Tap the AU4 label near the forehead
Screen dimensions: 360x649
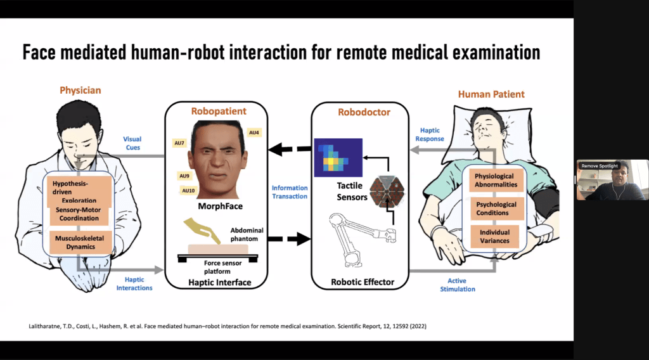point(254,132)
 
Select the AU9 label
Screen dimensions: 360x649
point(184,176)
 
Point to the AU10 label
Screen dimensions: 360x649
point(189,191)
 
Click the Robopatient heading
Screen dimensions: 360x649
point(218,111)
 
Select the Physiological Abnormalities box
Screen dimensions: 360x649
point(496,180)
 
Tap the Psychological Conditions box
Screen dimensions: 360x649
point(496,209)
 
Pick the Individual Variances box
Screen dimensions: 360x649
point(496,237)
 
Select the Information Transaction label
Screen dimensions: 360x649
point(290,192)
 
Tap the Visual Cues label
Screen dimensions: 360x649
point(132,143)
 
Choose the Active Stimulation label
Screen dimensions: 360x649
point(457,285)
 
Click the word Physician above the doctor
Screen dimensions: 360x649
point(80,91)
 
